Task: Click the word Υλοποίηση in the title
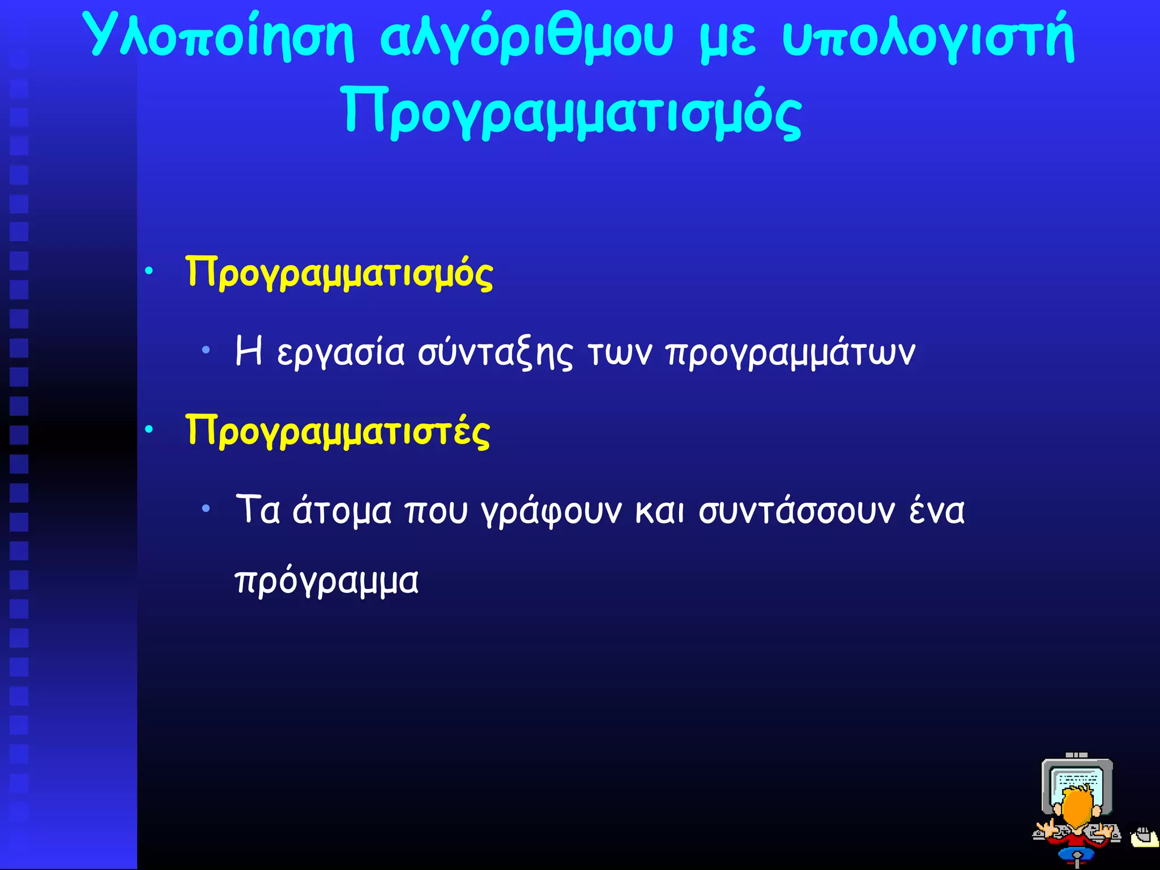pos(221,37)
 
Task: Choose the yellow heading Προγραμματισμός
pos(339,273)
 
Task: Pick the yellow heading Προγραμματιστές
pos(338,432)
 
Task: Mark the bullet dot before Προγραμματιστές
pos(149,430)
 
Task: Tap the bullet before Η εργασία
pos(206,350)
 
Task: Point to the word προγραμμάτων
pos(791,353)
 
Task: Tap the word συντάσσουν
pos(796,511)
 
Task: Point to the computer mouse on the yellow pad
pos(1144,835)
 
